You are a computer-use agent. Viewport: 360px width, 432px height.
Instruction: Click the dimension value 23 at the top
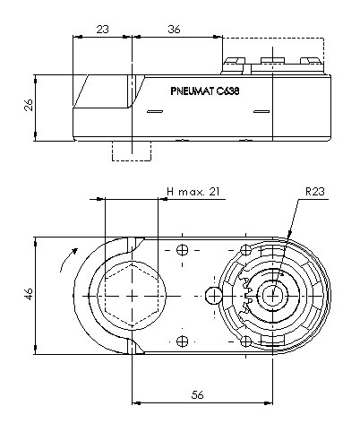click(102, 30)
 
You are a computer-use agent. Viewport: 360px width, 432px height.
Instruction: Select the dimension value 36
click(174, 30)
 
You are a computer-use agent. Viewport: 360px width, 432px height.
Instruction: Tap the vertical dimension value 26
click(29, 105)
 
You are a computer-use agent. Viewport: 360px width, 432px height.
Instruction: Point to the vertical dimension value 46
click(29, 294)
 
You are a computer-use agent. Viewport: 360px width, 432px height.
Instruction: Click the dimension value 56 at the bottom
click(197, 395)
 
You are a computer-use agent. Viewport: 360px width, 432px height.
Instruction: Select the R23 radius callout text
click(315, 191)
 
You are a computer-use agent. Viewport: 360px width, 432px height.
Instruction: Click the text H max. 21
click(193, 191)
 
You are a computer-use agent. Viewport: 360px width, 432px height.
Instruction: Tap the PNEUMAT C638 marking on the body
click(205, 91)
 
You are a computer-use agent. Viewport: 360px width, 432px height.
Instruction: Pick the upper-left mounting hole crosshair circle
click(182, 250)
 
